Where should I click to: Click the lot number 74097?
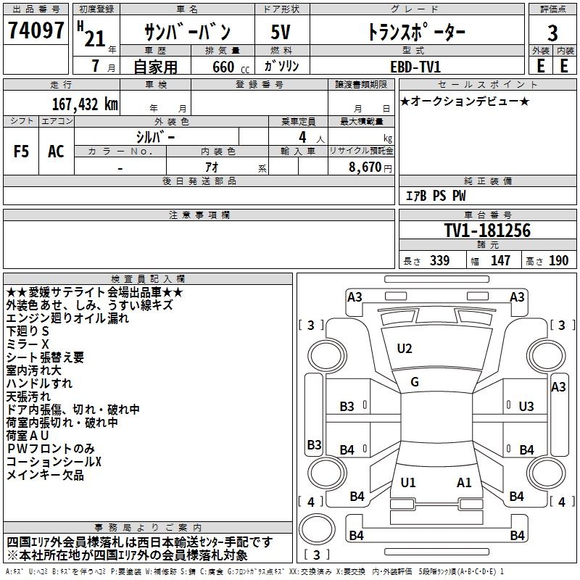click(36, 30)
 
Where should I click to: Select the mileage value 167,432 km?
click(85, 104)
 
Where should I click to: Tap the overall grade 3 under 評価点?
click(552, 33)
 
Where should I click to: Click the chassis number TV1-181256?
click(487, 230)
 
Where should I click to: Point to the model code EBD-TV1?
click(415, 67)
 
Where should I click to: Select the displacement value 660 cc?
click(231, 67)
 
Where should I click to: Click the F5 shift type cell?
click(21, 152)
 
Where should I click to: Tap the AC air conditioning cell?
click(56, 152)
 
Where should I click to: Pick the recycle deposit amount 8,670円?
click(370, 167)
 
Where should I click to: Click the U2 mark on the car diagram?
click(405, 349)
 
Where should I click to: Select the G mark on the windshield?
click(415, 382)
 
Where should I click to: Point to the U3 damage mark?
click(526, 407)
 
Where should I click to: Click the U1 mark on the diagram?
click(408, 482)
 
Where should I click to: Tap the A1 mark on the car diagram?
click(464, 482)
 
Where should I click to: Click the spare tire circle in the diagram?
click(317, 529)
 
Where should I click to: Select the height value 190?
click(558, 260)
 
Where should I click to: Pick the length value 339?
click(439, 260)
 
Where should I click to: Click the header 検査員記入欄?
click(148, 279)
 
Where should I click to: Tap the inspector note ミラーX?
click(28, 344)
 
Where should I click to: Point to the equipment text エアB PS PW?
click(436, 196)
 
